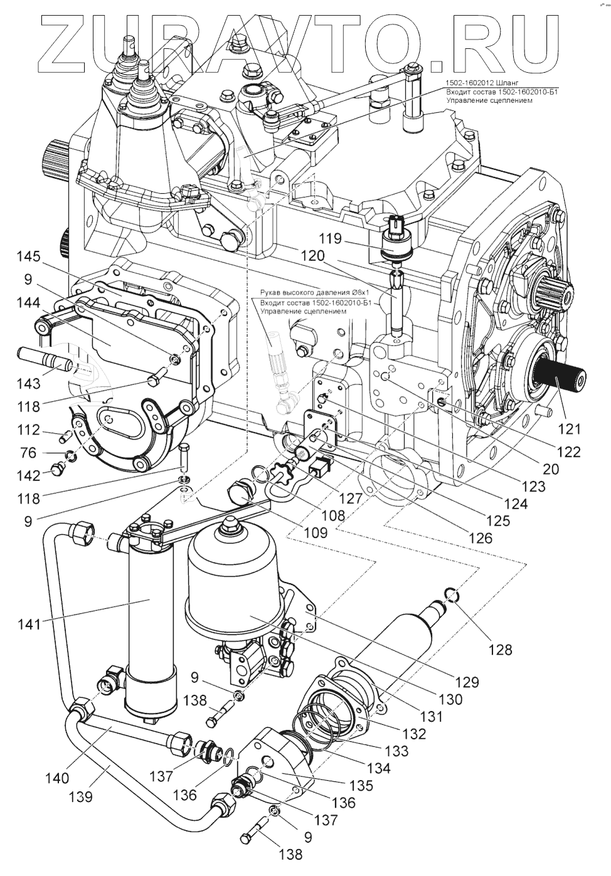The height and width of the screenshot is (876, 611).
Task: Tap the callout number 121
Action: [570, 429]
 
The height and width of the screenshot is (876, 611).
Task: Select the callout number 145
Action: [28, 256]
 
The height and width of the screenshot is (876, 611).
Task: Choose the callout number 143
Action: [28, 383]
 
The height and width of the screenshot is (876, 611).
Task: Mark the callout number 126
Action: [480, 537]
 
